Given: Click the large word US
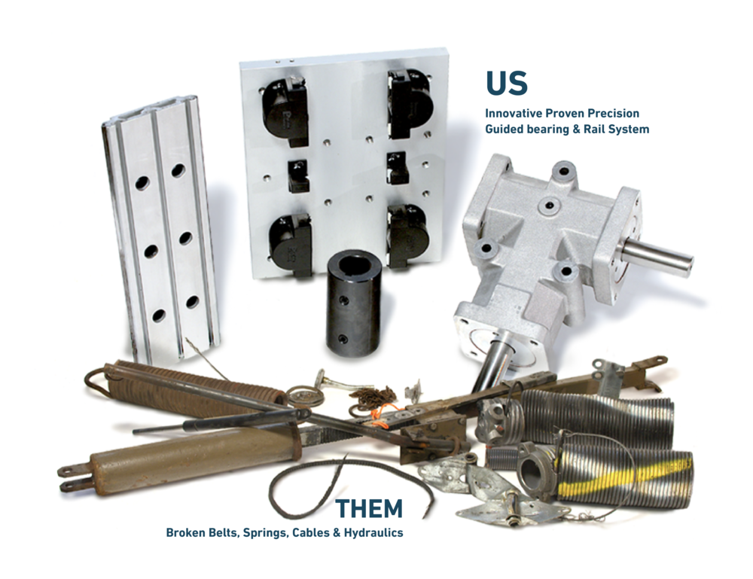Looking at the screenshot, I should click(x=506, y=84).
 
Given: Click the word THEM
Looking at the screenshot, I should click(x=369, y=510).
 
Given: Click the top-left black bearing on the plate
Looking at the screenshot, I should click(x=284, y=111).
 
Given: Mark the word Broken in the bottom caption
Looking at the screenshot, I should click(x=184, y=533).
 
